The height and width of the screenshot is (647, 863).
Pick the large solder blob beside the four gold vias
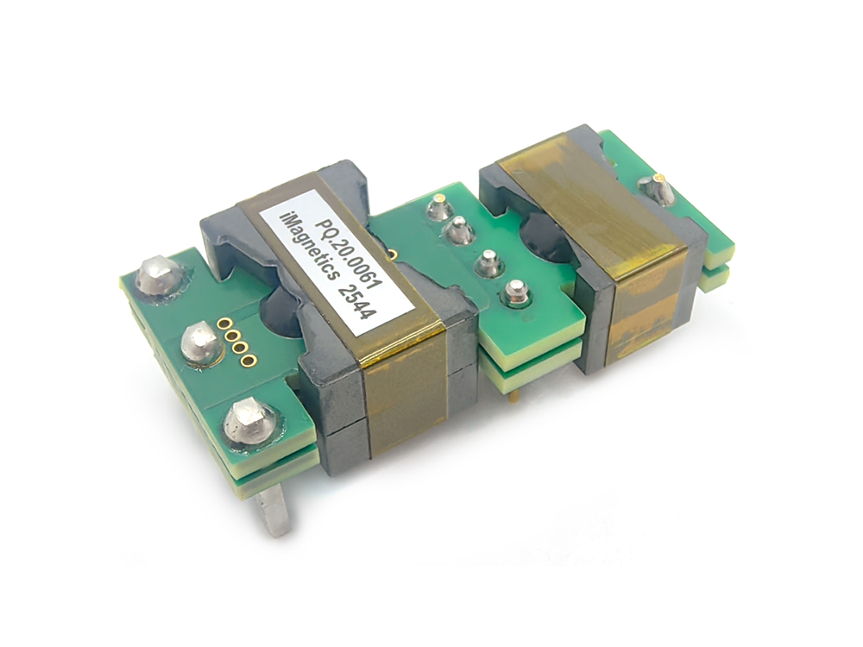click(x=199, y=343)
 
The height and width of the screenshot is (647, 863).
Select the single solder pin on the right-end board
click(x=658, y=190)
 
